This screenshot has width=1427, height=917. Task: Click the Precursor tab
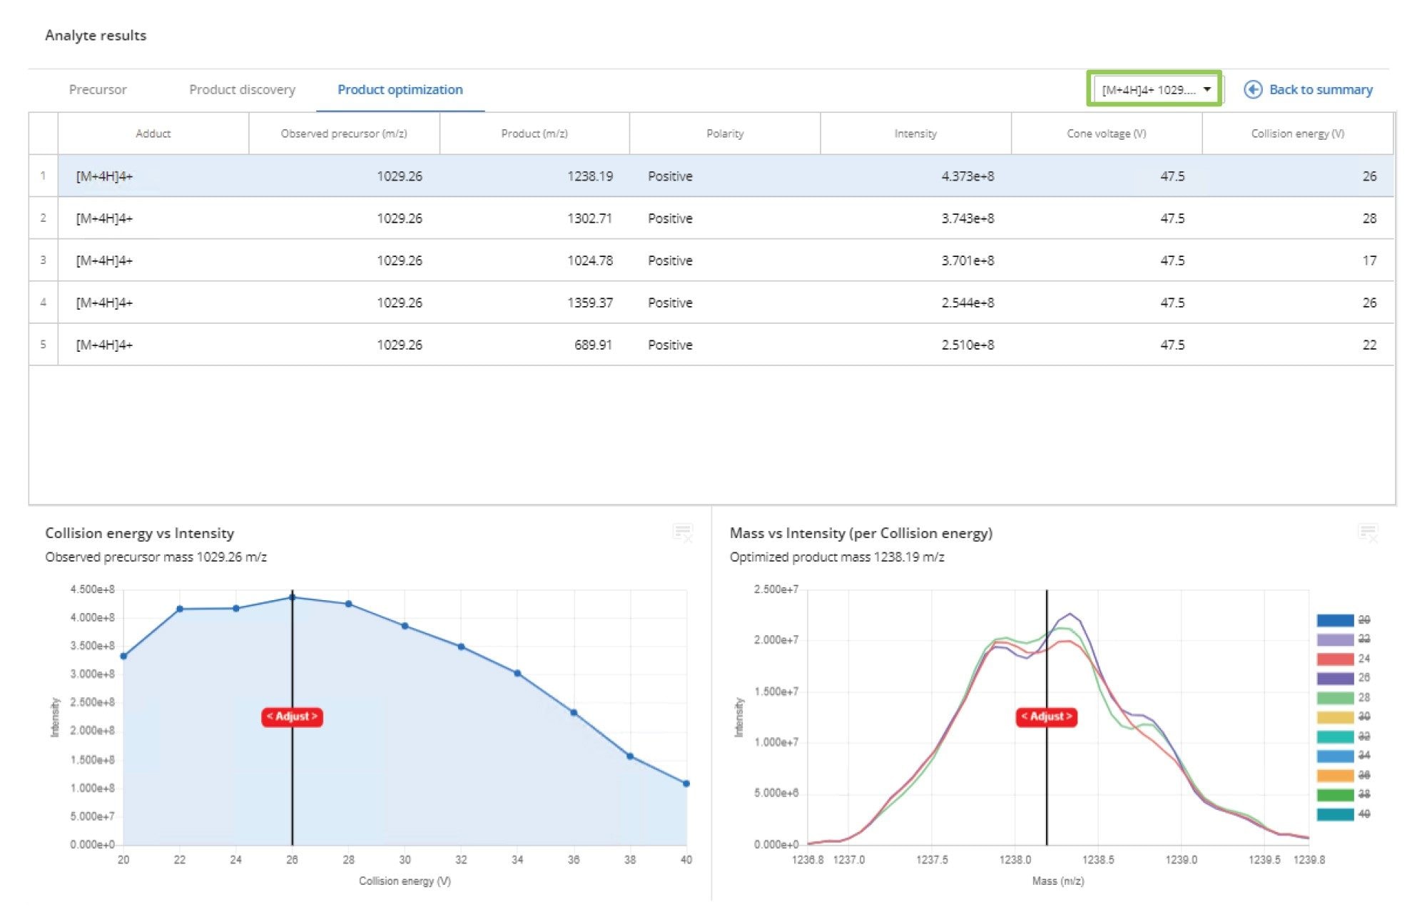[x=98, y=90]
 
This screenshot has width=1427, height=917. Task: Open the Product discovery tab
[x=242, y=90]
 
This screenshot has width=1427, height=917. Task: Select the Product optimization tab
[x=400, y=90]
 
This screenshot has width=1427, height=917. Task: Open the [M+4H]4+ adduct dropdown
[x=1154, y=90]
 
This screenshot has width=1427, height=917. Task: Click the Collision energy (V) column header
[x=1297, y=133]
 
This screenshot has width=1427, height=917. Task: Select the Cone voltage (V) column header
[x=1106, y=133]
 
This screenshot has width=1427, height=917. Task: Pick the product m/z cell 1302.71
[x=589, y=218]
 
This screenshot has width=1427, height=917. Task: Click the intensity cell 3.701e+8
[x=967, y=260]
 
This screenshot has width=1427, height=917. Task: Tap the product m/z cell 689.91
[x=593, y=345]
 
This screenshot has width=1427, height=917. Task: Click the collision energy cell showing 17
[x=1368, y=260]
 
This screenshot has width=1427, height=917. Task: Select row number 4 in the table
[x=44, y=303]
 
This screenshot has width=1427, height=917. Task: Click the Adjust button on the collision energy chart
[x=292, y=716]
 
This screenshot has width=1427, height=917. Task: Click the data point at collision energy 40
[x=686, y=784]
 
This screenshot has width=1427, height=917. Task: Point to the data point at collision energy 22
[x=180, y=609]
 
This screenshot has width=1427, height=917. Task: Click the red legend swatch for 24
[x=1335, y=659]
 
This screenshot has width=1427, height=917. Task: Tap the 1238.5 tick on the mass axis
[x=1097, y=860]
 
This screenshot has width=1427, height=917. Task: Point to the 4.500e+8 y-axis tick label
[x=92, y=589]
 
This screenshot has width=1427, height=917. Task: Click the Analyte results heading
[x=96, y=36]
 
